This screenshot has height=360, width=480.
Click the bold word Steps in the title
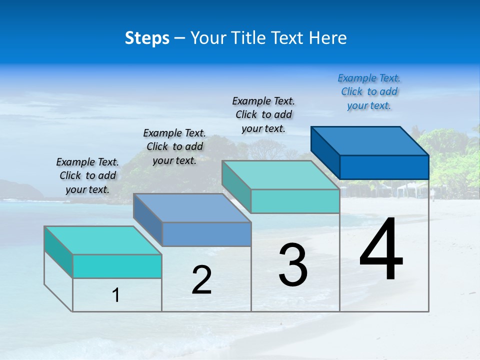tap(147, 38)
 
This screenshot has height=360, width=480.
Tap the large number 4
tap(381, 249)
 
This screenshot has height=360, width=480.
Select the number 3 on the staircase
tap(293, 264)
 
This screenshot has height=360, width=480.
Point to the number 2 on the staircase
tap(201, 280)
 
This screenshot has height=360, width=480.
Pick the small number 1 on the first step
tap(116, 295)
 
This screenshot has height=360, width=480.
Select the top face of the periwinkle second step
tap(192, 208)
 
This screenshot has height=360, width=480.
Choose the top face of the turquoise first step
tap(103, 240)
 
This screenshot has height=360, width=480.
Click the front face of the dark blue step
tap(384, 167)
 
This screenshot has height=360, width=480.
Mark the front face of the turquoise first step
tap(117, 266)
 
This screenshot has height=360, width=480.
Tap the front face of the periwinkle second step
tap(206, 234)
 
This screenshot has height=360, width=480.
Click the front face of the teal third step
tap(295, 201)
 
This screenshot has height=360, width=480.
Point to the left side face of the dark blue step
tap(325, 152)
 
